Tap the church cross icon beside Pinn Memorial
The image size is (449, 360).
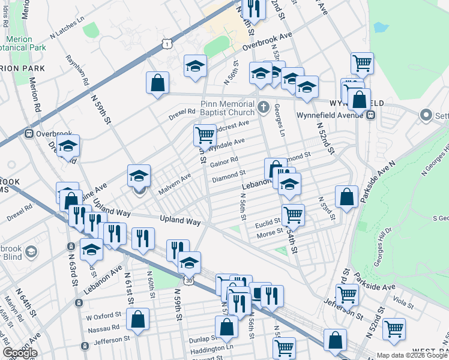pos(263,107)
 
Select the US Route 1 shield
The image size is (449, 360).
pos(167,42)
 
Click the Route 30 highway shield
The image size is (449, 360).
pos(189,280)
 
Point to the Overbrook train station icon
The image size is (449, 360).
pos(28,134)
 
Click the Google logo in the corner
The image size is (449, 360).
pos(19,353)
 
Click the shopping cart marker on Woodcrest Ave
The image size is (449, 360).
pos(205,135)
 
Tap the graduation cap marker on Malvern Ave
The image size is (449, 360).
pos(139,176)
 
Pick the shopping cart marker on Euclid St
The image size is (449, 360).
pos(293,214)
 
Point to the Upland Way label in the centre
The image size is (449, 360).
pos(180,221)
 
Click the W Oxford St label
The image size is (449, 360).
pos(104,314)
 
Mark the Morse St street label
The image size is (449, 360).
pos(270,233)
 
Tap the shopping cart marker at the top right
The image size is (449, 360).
pos(362,62)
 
